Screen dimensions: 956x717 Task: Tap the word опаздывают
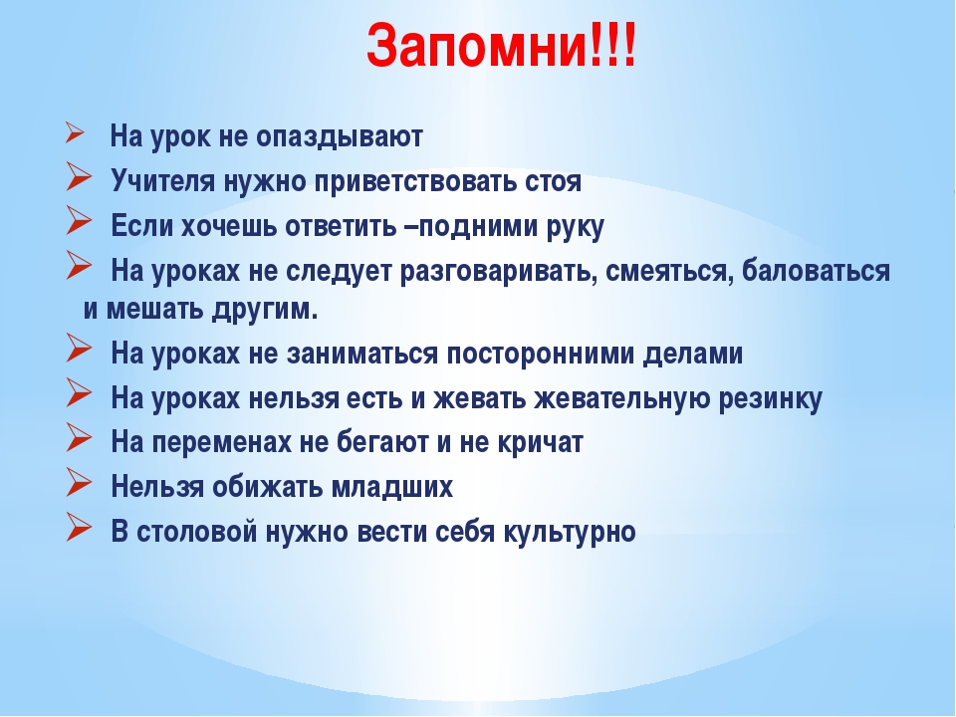click(x=339, y=137)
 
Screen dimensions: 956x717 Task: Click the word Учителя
click(x=162, y=181)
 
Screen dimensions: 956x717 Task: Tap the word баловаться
click(x=816, y=271)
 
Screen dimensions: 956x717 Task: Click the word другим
click(x=265, y=310)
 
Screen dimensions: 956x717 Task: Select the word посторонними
click(x=540, y=354)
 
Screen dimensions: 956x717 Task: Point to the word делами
click(x=693, y=353)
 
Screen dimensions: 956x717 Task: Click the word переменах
click(x=221, y=443)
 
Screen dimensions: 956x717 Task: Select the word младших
click(x=392, y=487)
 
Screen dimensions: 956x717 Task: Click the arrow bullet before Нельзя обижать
click(x=79, y=482)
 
